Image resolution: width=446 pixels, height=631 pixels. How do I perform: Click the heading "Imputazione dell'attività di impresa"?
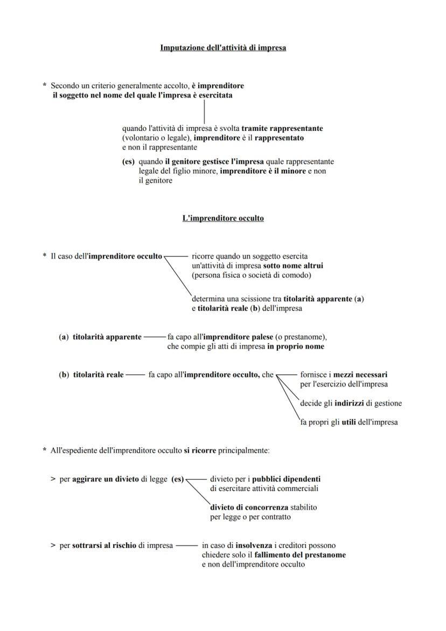click(x=223, y=48)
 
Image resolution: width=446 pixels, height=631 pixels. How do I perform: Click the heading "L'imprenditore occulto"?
click(x=223, y=219)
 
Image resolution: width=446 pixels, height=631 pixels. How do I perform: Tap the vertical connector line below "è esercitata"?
click(x=204, y=111)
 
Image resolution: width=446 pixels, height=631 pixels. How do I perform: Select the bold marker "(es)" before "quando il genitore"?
click(x=128, y=162)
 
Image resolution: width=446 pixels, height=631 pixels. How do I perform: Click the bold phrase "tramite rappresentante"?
click(x=282, y=129)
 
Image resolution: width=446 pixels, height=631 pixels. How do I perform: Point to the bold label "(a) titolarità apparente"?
click(x=100, y=337)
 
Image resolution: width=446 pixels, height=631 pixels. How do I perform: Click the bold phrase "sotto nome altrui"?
click(x=294, y=266)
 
